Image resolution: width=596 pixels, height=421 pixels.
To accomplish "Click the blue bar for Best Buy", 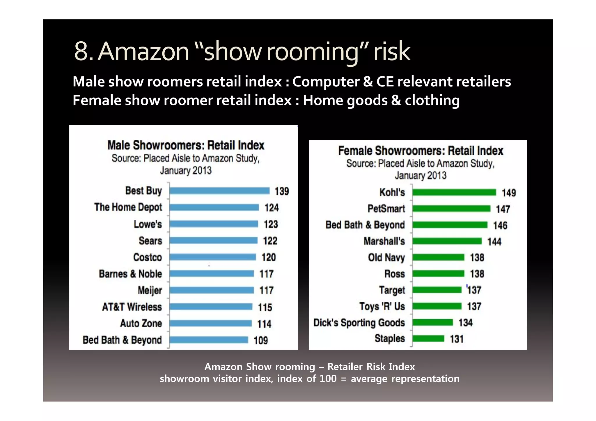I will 219,191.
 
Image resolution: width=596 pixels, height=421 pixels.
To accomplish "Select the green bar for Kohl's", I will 454,192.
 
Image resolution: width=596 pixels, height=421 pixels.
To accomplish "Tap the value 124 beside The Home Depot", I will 272,208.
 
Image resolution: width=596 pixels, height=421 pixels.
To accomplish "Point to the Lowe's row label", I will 148,224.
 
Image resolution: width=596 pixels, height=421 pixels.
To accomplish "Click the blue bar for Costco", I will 213,257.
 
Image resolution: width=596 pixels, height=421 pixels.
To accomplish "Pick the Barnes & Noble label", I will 130,274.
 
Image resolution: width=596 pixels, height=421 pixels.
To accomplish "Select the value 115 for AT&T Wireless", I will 265,307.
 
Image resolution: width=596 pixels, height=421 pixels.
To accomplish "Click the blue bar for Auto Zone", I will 210,324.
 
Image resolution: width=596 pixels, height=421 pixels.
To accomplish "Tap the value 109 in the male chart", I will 260,340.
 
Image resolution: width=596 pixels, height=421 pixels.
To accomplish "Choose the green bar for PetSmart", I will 451,209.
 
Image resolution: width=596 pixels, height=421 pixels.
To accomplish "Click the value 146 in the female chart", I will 500,225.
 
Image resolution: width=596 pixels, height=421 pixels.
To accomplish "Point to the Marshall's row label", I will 384,241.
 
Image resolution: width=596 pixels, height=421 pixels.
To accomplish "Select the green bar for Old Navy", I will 438,257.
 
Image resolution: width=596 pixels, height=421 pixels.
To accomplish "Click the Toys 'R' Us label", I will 382,306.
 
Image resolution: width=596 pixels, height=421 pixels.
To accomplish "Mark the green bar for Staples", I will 428,339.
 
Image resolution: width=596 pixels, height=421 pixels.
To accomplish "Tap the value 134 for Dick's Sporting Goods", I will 465,323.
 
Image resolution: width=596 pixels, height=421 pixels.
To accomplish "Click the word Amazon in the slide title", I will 143,51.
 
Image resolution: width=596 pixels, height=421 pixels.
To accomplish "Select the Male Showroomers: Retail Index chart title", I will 186,145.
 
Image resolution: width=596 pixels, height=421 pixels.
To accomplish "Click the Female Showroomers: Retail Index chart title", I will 421,151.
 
